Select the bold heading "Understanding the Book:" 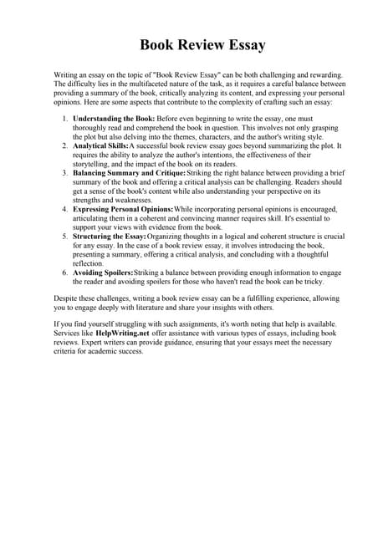point(113,120)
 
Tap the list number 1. point(66,120)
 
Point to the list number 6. point(66,273)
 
